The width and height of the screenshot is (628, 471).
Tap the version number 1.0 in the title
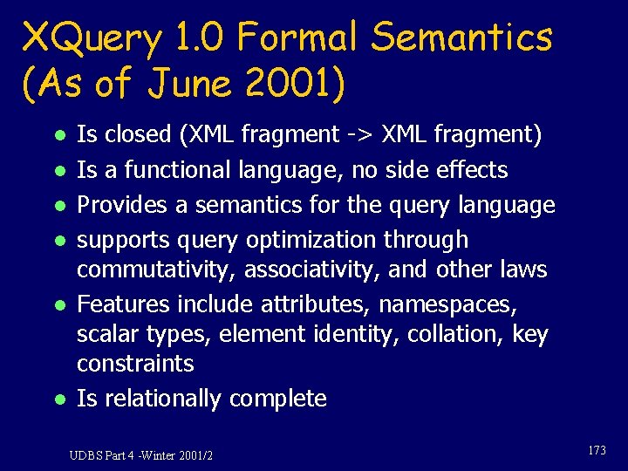[x=199, y=39]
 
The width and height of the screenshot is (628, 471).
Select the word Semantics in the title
[x=461, y=39]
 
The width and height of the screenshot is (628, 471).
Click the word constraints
[x=135, y=364]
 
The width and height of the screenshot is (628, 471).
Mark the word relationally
[x=161, y=399]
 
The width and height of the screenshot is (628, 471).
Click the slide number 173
[x=597, y=450]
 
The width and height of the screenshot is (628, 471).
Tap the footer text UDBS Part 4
[x=103, y=455]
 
